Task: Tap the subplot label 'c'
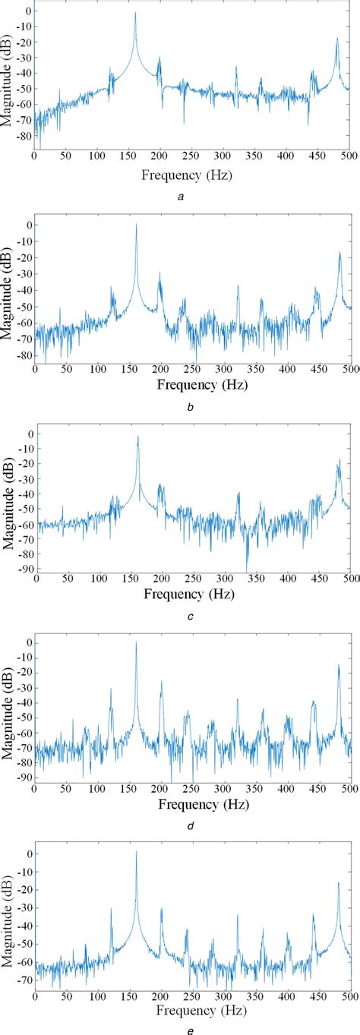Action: [191, 617]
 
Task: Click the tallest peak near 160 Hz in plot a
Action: [135, 13]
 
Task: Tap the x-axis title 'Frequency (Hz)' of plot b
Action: [202, 385]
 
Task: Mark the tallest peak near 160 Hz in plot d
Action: [136, 642]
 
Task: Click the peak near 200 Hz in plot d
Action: [161, 682]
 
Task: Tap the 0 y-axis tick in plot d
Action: [28, 642]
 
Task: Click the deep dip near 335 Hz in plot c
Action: [246, 570]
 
